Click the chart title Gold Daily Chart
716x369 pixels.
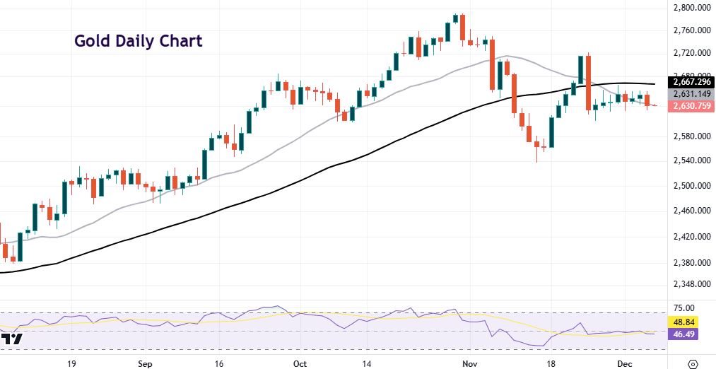click(139, 41)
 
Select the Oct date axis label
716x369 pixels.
click(299, 363)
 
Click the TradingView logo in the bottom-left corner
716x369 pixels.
click(12, 340)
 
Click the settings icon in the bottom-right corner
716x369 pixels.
click(692, 363)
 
